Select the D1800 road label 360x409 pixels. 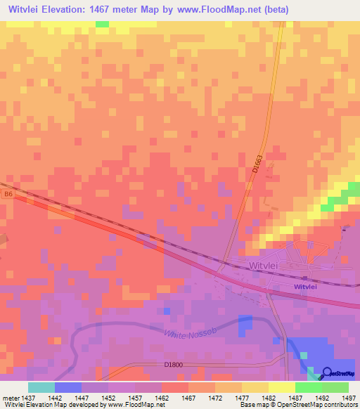tap(174, 365)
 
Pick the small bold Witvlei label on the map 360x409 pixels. tap(305, 287)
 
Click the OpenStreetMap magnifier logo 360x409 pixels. tap(328, 373)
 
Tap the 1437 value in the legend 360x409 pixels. tap(29, 398)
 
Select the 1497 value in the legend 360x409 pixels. tap(349, 398)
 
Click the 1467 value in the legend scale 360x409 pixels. tap(188, 398)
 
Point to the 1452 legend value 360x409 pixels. tap(108, 398)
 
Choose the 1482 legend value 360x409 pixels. tap(269, 398)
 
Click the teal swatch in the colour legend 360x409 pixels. tap(41, 387)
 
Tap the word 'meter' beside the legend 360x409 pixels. tap(11, 398)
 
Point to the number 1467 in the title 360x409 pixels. tap(127, 9)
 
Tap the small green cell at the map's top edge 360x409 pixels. tap(103, 24)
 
